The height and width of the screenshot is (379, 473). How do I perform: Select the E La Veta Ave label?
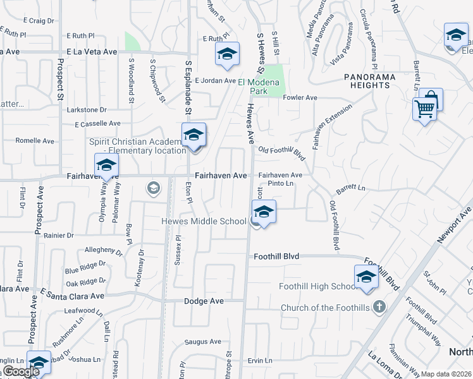(92, 51)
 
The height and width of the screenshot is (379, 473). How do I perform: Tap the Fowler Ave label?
(300, 98)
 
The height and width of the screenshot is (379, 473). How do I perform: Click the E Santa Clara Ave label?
(72, 295)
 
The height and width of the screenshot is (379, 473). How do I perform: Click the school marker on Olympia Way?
(106, 166)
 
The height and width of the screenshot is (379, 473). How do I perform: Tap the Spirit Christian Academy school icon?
(194, 134)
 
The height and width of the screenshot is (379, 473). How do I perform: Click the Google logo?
(21, 371)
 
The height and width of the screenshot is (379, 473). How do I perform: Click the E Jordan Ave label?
(214, 81)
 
